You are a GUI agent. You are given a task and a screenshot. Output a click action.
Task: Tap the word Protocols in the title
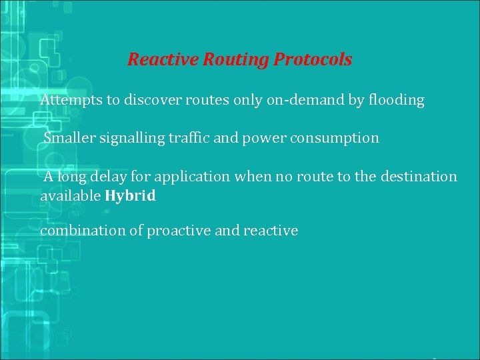tap(312, 60)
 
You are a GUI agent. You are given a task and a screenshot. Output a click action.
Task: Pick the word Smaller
tap(70, 138)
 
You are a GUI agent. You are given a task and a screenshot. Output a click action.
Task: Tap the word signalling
tap(131, 139)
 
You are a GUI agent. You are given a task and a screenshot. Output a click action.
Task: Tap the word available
tap(70, 196)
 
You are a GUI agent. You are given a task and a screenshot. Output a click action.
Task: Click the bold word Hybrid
tap(131, 196)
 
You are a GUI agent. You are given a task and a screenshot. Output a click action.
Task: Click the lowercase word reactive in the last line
tap(271, 231)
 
